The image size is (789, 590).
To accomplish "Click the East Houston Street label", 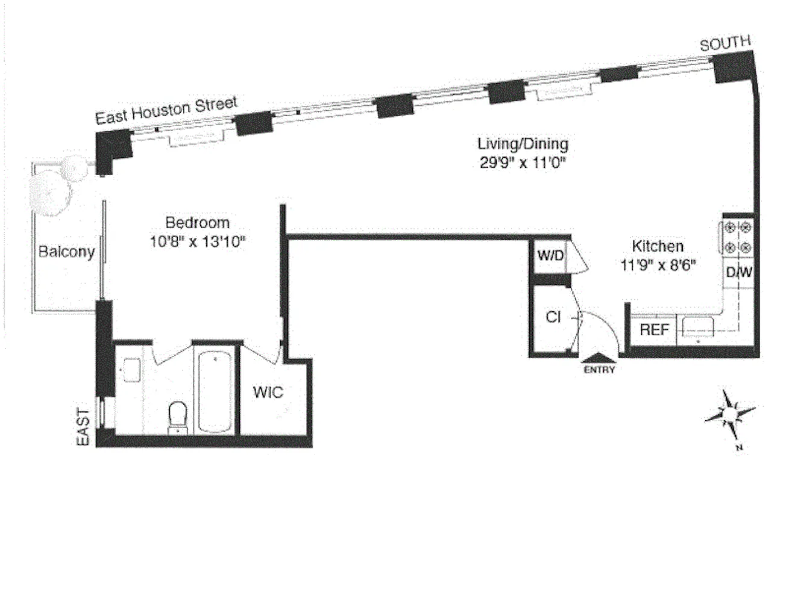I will (x=166, y=110).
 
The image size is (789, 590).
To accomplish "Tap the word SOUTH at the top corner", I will (x=725, y=43).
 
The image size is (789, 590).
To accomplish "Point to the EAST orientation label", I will (x=84, y=427).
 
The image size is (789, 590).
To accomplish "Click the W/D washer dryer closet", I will (x=550, y=256).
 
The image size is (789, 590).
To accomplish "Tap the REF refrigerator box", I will (x=654, y=330).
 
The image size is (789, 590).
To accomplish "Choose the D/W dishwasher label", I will (x=738, y=272).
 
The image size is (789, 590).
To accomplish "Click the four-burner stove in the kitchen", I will (x=737, y=237).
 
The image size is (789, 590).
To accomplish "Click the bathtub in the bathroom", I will (x=215, y=391).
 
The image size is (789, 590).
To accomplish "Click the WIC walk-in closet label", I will (x=268, y=393).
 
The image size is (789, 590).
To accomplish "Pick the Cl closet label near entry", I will (x=553, y=317).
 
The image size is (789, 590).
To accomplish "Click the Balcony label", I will (x=66, y=252).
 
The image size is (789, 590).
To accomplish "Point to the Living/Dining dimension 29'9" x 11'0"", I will (x=524, y=163).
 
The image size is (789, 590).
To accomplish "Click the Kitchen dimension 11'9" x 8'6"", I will (x=658, y=265).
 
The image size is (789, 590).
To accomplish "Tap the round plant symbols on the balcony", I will (x=57, y=184).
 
